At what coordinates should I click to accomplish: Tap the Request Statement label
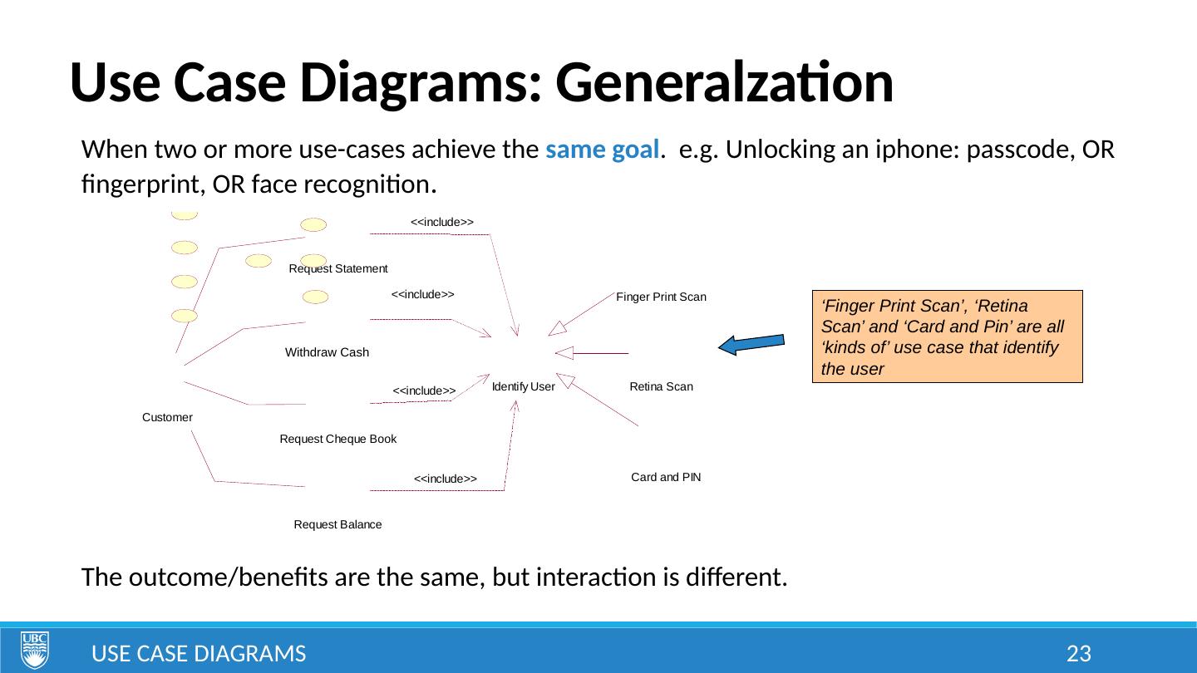click(338, 269)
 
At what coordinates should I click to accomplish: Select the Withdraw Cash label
click(327, 352)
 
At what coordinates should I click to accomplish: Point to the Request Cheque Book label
click(338, 439)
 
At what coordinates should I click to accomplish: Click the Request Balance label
click(338, 525)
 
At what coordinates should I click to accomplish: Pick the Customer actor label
click(168, 417)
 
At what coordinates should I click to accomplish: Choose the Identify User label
click(524, 386)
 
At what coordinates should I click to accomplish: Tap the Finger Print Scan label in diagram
click(661, 297)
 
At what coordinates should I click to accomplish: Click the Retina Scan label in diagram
click(662, 386)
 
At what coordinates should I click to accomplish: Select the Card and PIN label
click(666, 478)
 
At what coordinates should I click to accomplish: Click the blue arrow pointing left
click(751, 345)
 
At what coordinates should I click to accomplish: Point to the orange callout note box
click(947, 336)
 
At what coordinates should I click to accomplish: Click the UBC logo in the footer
click(35, 650)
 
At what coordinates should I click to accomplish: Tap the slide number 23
click(1078, 654)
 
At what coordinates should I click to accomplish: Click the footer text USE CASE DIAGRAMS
click(199, 654)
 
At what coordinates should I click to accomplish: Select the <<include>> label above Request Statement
click(442, 222)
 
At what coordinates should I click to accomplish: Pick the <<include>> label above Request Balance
click(446, 479)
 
